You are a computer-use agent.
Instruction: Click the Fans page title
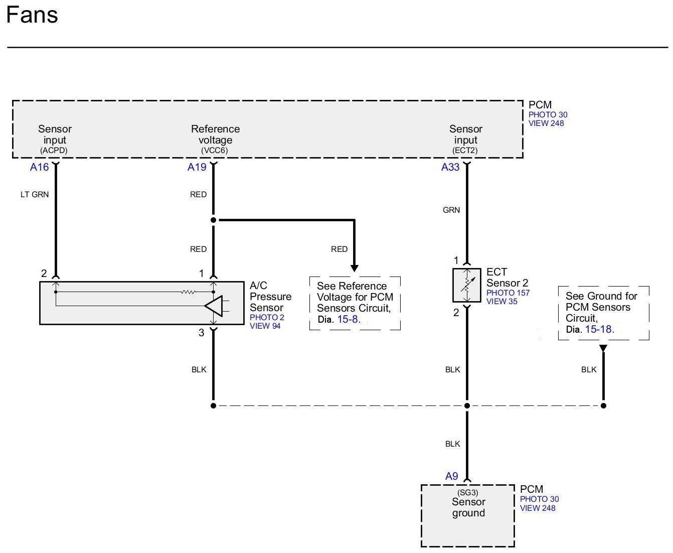point(32,15)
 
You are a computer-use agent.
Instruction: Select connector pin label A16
point(39,167)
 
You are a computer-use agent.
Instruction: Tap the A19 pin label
point(197,167)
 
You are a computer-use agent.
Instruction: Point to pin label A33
point(450,167)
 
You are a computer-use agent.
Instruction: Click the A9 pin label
point(451,476)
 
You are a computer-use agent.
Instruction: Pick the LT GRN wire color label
point(35,194)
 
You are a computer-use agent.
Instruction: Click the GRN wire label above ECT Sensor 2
point(451,210)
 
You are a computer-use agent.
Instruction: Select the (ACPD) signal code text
point(54,151)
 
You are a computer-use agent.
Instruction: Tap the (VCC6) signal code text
point(215,151)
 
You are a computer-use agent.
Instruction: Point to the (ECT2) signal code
point(465,151)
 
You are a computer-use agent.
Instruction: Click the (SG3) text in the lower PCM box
point(467,493)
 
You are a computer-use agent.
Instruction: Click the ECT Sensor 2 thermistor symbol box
point(466,285)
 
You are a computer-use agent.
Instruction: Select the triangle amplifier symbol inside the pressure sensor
point(214,306)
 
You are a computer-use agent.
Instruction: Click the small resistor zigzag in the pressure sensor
point(188,292)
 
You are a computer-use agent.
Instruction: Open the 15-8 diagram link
point(348,319)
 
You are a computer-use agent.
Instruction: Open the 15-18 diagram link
point(598,329)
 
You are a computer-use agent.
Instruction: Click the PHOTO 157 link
point(508,293)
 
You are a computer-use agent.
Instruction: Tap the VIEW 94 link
point(265,326)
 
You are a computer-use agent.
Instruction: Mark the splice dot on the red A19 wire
point(214,220)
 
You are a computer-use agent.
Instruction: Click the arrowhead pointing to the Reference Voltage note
point(354,268)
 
